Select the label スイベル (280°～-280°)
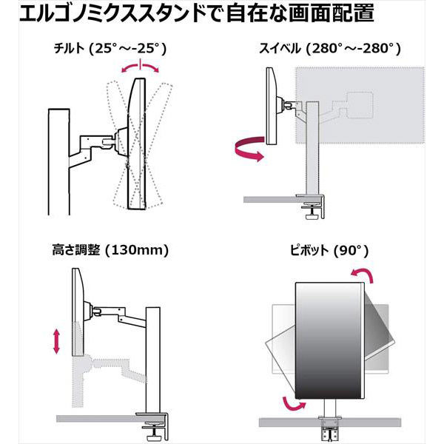point(330,49)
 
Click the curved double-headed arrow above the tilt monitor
point(140,67)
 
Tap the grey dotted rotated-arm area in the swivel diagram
point(363,104)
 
